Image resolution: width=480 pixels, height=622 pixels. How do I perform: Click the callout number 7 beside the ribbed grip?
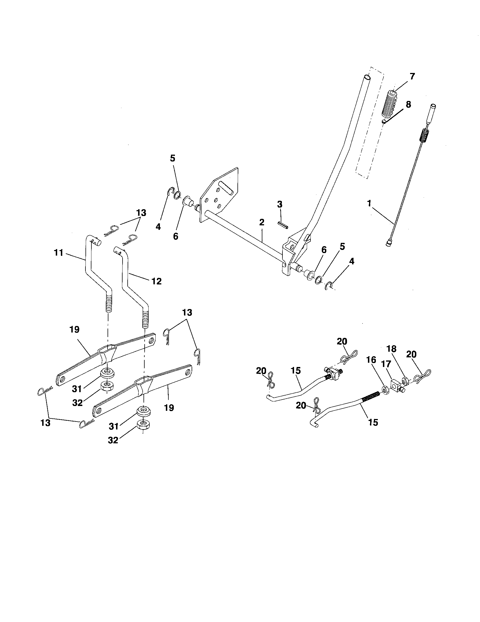pyautogui.click(x=412, y=76)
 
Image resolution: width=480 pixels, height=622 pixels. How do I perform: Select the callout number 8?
pyautogui.click(x=408, y=104)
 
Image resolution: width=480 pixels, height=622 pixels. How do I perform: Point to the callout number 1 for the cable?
pyautogui.click(x=369, y=203)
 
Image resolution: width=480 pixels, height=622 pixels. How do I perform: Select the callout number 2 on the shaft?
pyautogui.click(x=262, y=222)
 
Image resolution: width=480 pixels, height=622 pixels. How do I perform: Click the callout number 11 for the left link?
pyautogui.click(x=58, y=252)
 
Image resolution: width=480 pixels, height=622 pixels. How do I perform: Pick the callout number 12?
pyautogui.click(x=157, y=281)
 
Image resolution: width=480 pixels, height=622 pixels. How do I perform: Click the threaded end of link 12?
pyautogui.click(x=145, y=319)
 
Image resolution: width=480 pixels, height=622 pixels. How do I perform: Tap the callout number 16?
pyautogui.click(x=371, y=360)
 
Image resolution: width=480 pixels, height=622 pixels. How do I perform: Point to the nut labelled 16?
pyautogui.click(x=384, y=389)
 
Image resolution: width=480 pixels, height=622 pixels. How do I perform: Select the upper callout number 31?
pyautogui.click(x=77, y=388)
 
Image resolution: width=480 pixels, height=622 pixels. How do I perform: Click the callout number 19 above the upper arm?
pyautogui.click(x=74, y=329)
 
